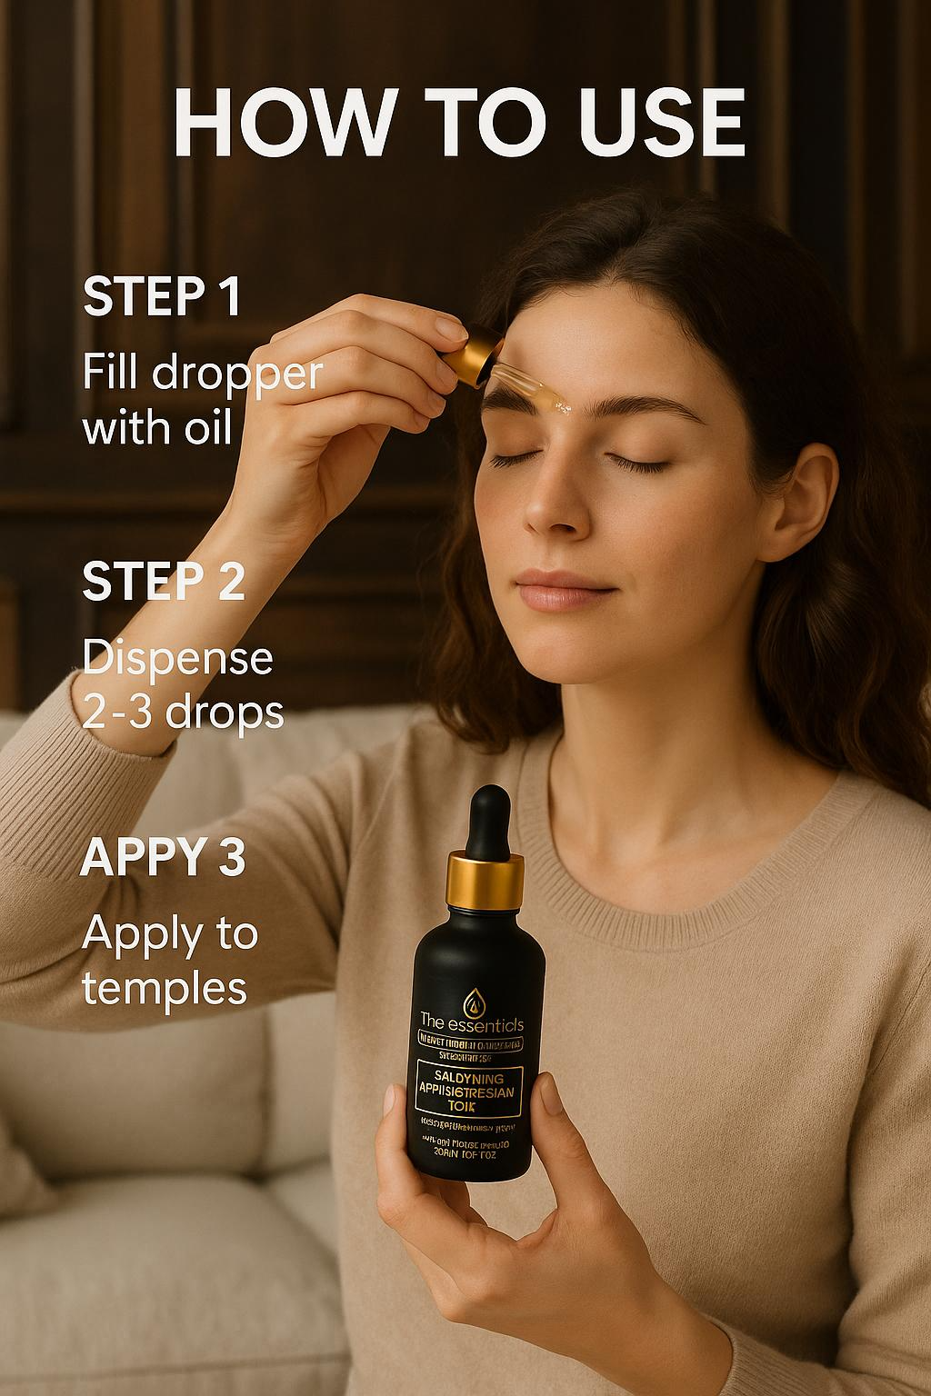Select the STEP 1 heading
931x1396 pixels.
(x=162, y=297)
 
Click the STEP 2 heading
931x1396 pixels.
(x=164, y=583)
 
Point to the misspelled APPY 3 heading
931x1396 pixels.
(x=163, y=859)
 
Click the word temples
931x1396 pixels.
(x=164, y=987)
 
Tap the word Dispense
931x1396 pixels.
(x=177, y=659)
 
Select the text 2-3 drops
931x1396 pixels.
(x=183, y=713)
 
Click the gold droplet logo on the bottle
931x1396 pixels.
(x=474, y=1000)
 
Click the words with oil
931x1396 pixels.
(x=157, y=429)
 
